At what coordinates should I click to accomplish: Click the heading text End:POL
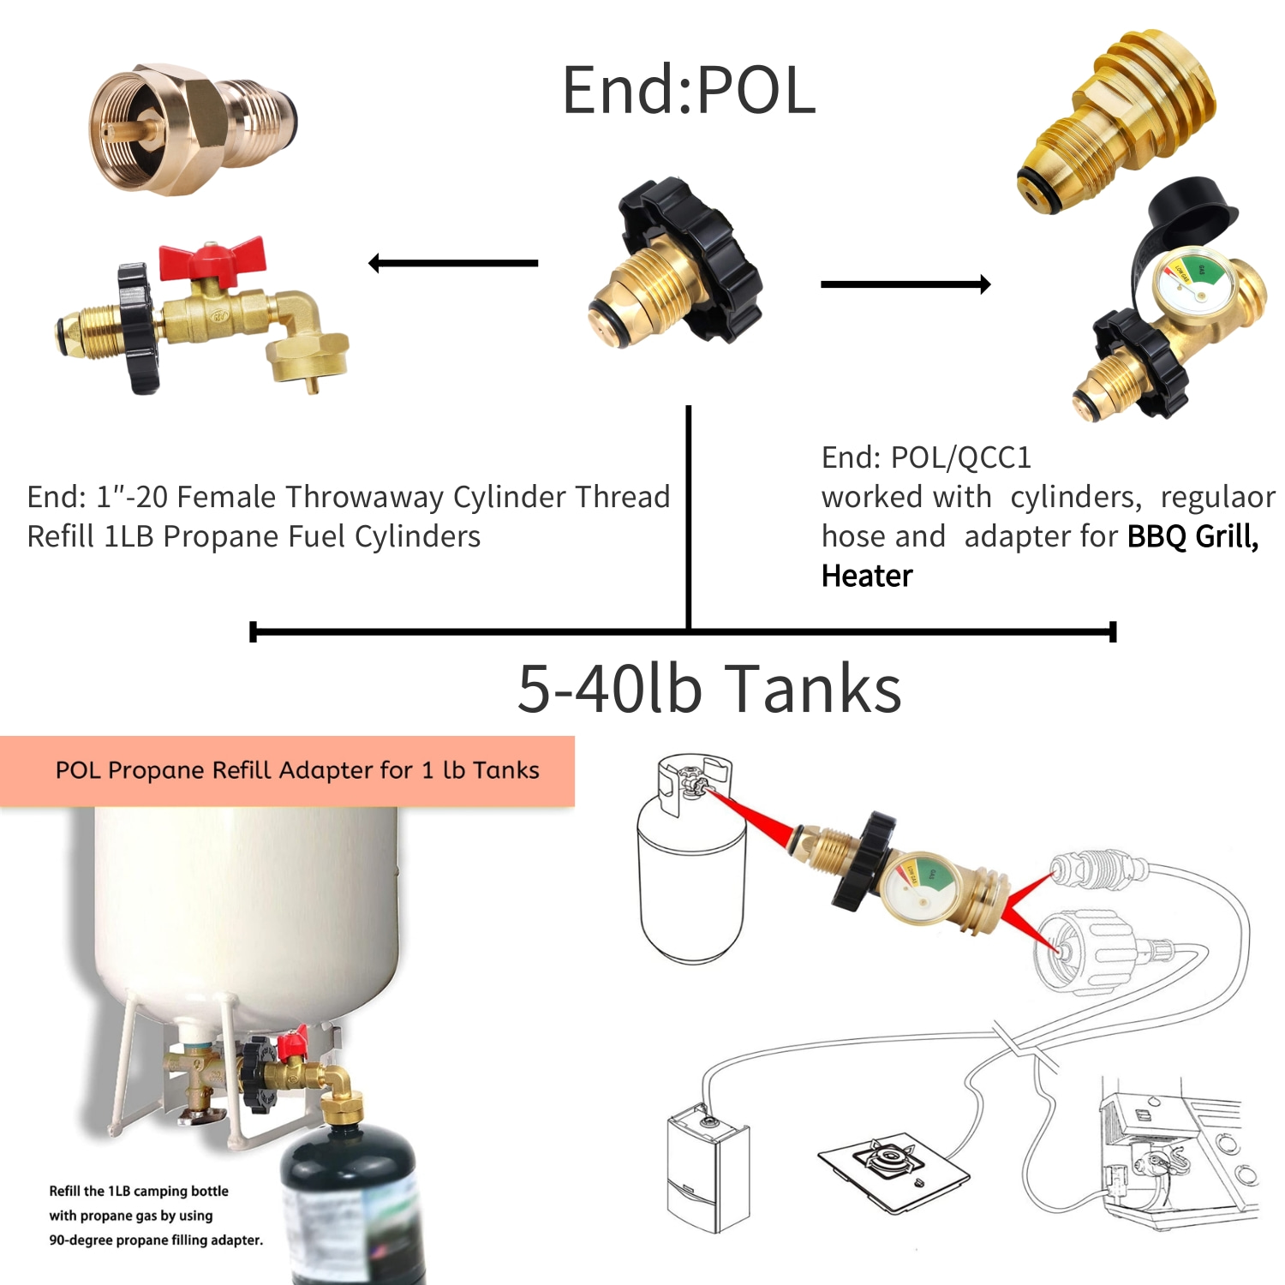(x=688, y=91)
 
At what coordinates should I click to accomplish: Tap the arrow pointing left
(x=453, y=263)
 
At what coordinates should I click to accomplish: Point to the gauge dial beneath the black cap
(x=1191, y=284)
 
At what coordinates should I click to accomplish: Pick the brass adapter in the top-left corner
(x=192, y=128)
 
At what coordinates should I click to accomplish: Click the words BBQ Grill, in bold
(x=1192, y=536)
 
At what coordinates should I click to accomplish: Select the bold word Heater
(x=867, y=576)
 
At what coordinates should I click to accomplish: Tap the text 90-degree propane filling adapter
(x=156, y=1240)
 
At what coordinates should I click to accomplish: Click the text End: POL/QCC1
(x=926, y=457)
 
